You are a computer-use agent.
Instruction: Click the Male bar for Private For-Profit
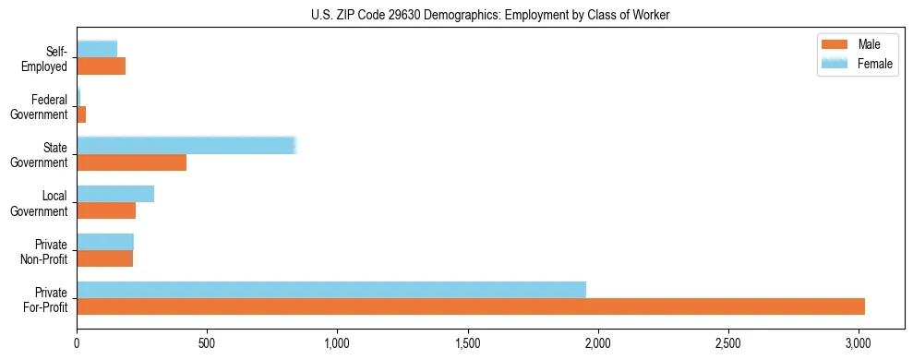point(471,306)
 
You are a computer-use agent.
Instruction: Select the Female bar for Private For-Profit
point(331,290)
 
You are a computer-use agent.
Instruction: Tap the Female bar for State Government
point(186,146)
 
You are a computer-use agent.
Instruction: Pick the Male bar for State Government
point(132,162)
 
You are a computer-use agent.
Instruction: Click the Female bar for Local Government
point(115,194)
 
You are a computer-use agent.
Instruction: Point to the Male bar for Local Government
point(106,210)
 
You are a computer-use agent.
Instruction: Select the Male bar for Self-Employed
point(102,66)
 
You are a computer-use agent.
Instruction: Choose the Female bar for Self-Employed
point(97,49)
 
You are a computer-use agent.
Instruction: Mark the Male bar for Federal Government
point(81,114)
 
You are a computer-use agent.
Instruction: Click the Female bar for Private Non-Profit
point(105,242)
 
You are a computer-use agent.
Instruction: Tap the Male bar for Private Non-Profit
point(105,258)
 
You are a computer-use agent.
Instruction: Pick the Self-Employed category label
point(49,58)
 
